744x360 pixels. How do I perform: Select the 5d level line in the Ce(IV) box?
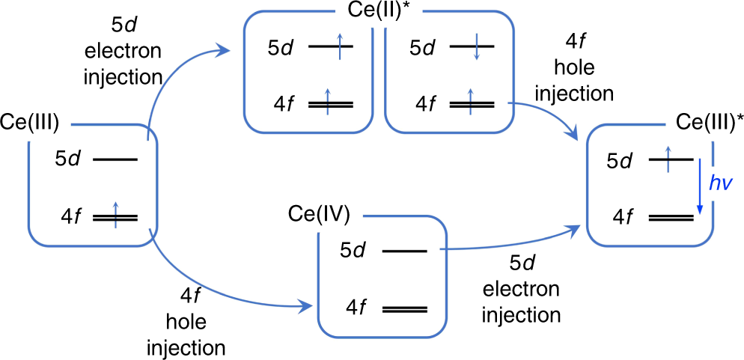(x=404, y=251)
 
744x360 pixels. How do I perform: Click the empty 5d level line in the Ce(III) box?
(x=115, y=159)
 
